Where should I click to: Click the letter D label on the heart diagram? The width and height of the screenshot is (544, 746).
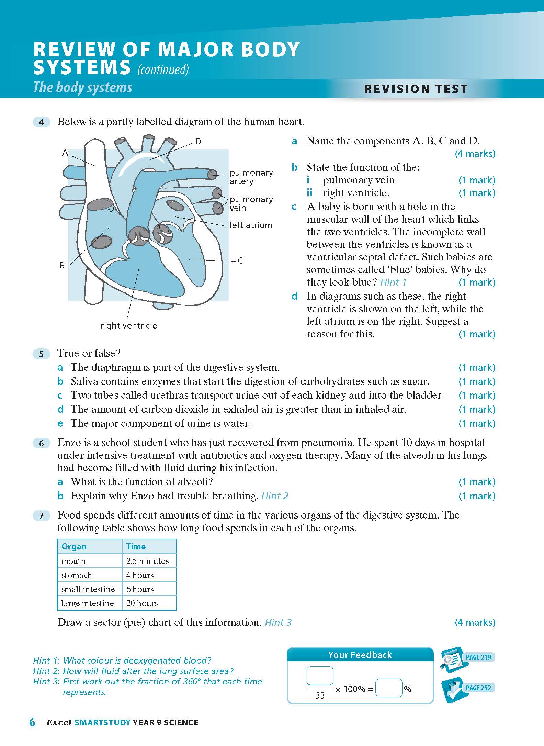point(198,141)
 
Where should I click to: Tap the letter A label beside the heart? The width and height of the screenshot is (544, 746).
point(65,153)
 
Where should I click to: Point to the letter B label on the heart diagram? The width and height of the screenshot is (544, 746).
point(62,265)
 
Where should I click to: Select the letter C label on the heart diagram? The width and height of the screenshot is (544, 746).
point(240,261)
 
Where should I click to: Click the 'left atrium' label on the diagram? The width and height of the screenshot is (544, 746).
point(251,225)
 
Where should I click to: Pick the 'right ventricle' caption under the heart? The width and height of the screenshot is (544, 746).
point(129,326)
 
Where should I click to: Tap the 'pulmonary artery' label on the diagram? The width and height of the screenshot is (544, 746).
point(251,177)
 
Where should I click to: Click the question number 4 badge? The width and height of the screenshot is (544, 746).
point(42,122)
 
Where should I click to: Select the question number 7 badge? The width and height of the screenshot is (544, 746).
point(42,515)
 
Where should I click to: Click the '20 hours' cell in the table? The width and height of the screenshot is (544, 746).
point(142,603)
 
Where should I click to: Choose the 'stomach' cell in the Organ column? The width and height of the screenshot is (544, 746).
point(77,575)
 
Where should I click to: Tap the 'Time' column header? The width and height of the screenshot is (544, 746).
point(136,546)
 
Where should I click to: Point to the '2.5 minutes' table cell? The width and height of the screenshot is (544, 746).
point(147,561)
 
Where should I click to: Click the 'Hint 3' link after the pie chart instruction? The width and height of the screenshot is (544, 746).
point(278,622)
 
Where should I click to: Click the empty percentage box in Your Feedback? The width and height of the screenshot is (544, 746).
point(389,688)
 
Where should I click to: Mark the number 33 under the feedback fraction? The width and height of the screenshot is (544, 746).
point(320,695)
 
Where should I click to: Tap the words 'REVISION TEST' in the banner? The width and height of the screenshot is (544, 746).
point(416,89)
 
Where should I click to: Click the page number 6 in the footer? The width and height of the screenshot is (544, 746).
point(32,722)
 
